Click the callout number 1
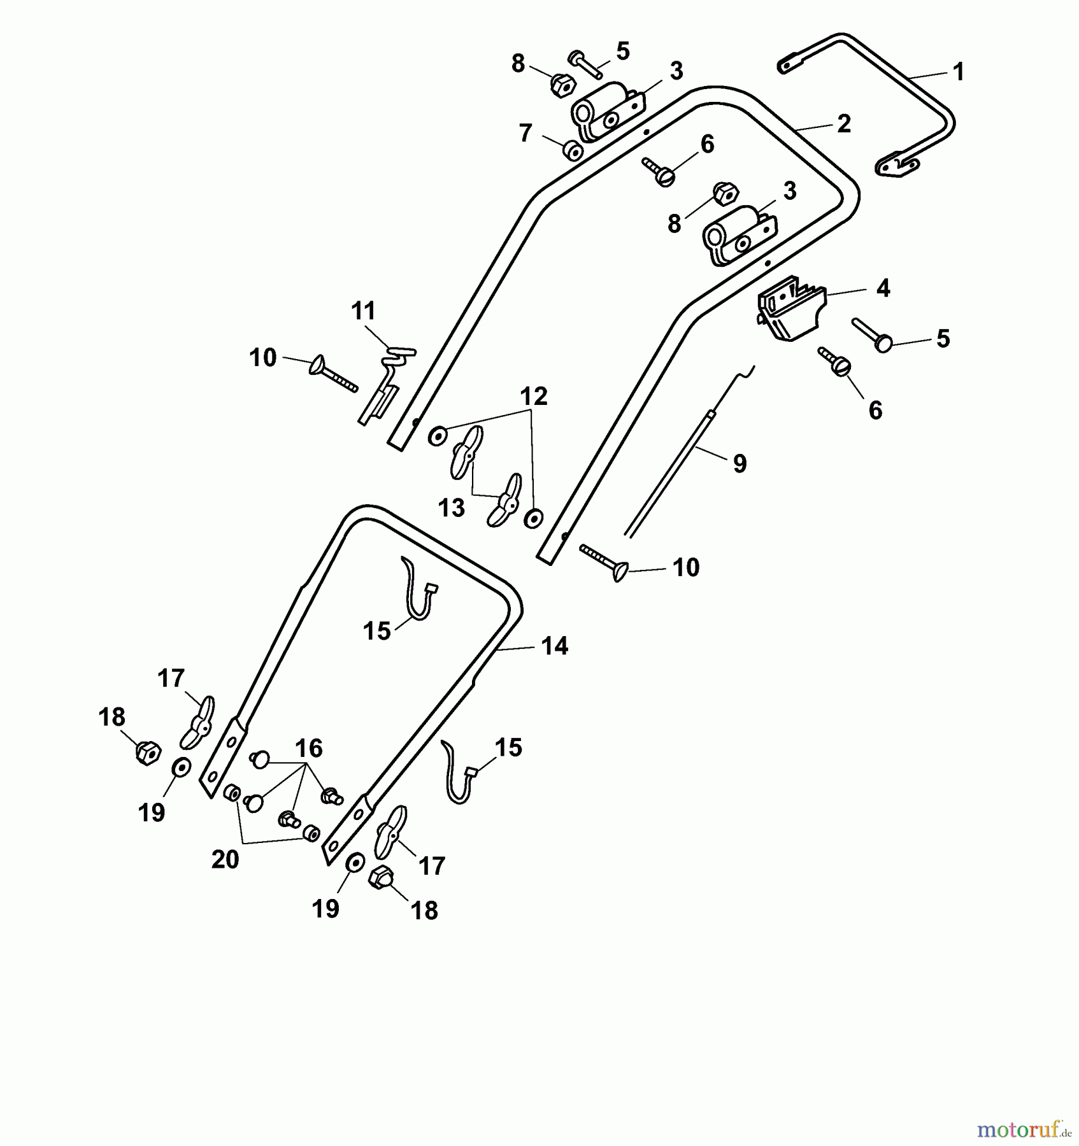[x=958, y=72]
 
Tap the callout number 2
[x=843, y=124]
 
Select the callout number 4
[x=882, y=288]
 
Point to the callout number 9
[x=740, y=463]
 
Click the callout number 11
[x=364, y=311]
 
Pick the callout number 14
[x=554, y=646]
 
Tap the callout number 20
[x=225, y=860]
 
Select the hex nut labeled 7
[x=572, y=152]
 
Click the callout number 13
[x=452, y=508]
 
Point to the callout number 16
[x=308, y=748]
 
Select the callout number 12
[x=534, y=397]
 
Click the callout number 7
[x=525, y=133]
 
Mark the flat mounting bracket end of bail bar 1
[x=898, y=167]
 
